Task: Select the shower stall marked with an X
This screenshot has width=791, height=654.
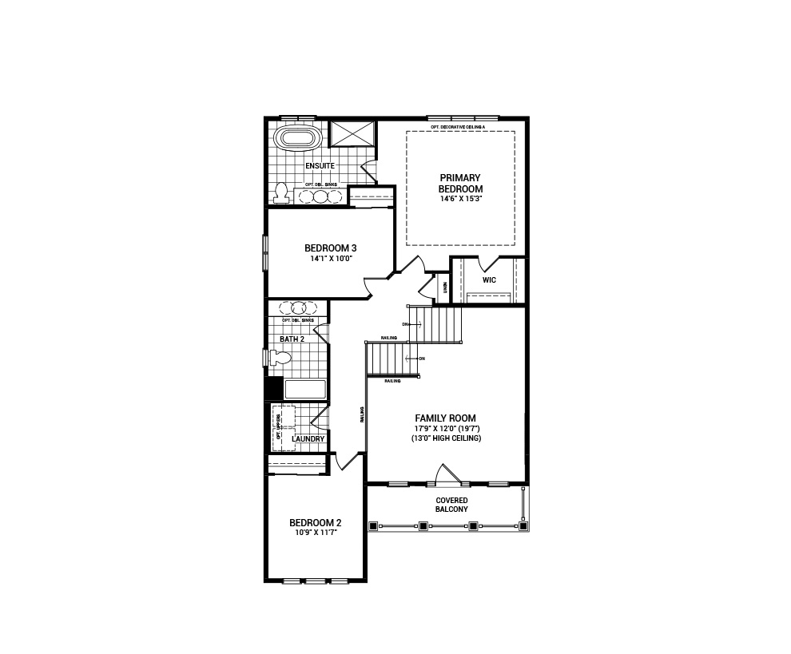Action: click(x=352, y=133)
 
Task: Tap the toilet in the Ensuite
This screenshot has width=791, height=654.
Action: click(x=280, y=192)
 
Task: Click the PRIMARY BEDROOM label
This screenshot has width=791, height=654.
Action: click(x=460, y=183)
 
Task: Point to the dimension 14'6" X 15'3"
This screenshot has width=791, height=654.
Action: click(x=460, y=199)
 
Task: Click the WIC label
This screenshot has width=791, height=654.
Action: click(x=489, y=280)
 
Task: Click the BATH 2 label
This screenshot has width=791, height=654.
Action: click(x=292, y=339)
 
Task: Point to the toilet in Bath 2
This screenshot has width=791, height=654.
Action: click(x=278, y=358)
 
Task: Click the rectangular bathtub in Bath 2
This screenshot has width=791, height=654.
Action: click(x=305, y=390)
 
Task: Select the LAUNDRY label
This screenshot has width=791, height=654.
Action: click(x=308, y=439)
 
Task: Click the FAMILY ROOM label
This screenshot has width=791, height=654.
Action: click(x=445, y=418)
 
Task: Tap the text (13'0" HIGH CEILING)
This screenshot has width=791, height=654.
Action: click(x=445, y=438)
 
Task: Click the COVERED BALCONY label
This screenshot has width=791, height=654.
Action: click(x=451, y=505)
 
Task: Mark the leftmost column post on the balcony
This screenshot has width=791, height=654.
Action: click(x=373, y=526)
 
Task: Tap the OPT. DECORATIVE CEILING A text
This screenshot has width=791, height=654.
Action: click(x=463, y=127)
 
